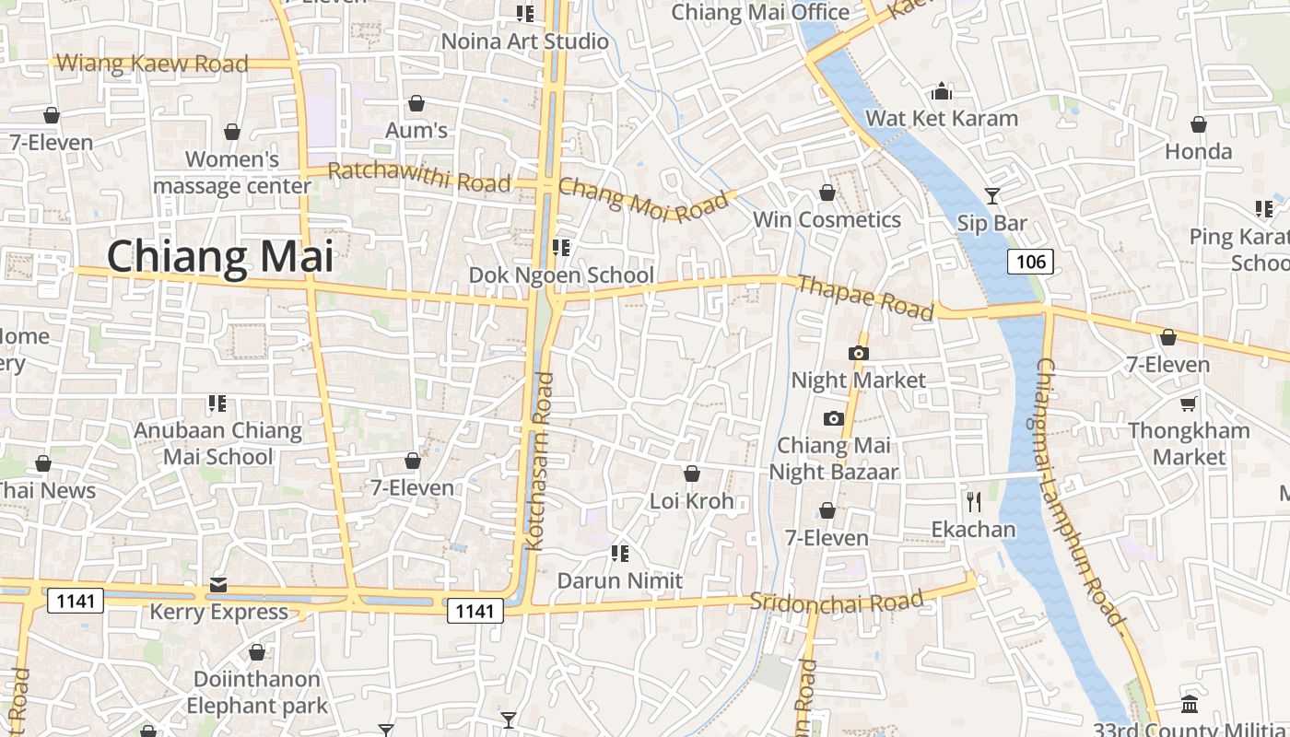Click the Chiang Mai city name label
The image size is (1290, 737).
click(x=220, y=257)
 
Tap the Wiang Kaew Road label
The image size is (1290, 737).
click(x=152, y=64)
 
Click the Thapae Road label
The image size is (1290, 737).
click(x=865, y=297)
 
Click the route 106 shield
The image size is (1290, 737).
click(x=1030, y=262)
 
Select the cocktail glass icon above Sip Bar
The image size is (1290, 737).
click(x=991, y=195)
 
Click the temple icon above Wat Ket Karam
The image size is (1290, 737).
click(x=941, y=91)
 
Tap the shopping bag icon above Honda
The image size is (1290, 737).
click(x=1198, y=123)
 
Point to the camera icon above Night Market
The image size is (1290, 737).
click(x=858, y=353)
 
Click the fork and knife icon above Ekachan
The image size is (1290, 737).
click(x=973, y=501)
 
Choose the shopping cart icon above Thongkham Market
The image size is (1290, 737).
click(x=1189, y=404)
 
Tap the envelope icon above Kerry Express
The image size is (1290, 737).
click(x=218, y=584)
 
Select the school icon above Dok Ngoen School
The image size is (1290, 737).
click(x=560, y=247)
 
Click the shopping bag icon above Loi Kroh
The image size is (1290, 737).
click(x=691, y=474)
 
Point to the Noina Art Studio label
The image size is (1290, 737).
click(x=524, y=41)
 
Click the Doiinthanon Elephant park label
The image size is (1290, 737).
click(x=257, y=693)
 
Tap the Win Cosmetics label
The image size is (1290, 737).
click(x=827, y=220)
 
